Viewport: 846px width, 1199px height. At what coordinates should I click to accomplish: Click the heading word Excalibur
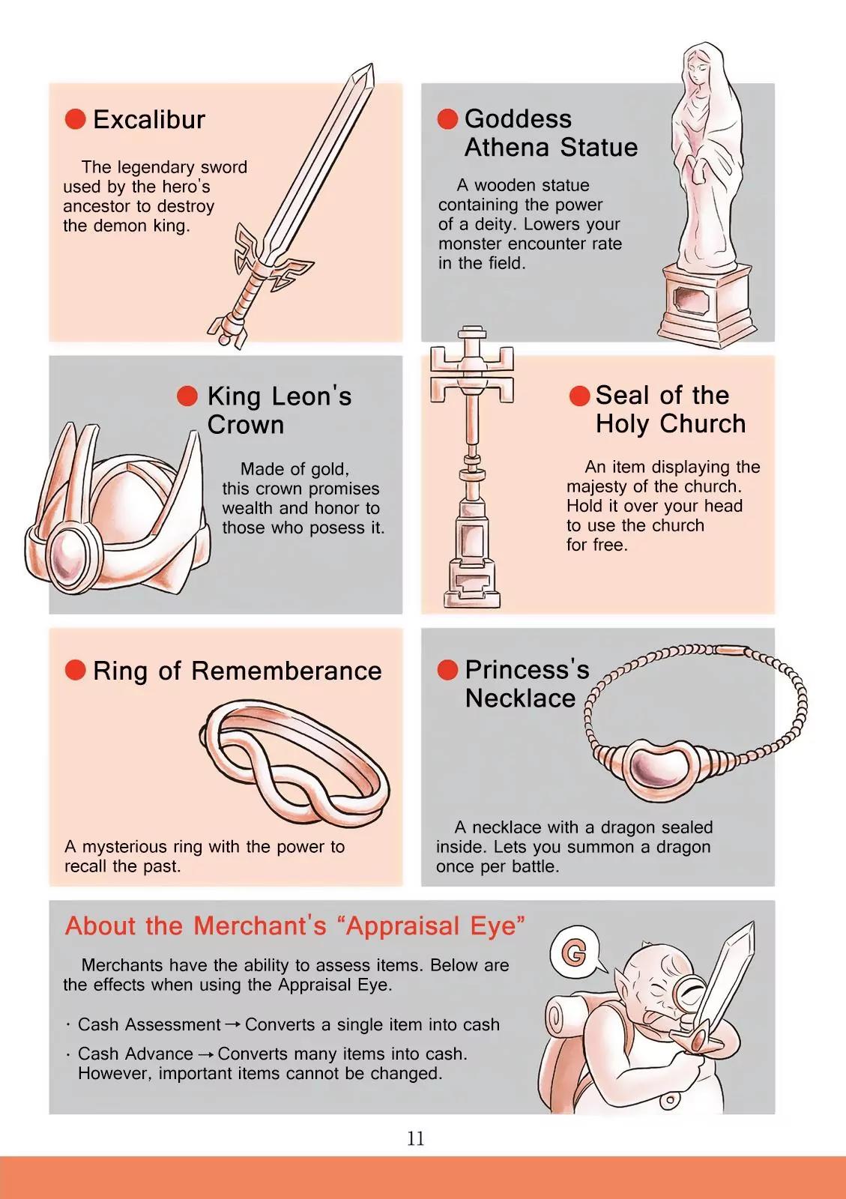click(149, 119)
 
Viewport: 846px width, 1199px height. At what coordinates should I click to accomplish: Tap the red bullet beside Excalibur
click(76, 119)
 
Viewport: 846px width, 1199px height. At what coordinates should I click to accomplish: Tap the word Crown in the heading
click(246, 424)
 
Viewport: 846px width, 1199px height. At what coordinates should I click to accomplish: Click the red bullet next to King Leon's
click(187, 396)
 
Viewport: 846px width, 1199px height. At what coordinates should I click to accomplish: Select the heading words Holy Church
click(671, 423)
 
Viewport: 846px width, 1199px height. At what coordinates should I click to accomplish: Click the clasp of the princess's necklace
click(731, 649)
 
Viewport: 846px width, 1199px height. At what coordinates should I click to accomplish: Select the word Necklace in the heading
click(520, 698)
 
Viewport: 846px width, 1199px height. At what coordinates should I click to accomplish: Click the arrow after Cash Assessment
click(233, 1024)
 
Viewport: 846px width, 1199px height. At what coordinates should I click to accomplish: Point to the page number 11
click(416, 1138)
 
